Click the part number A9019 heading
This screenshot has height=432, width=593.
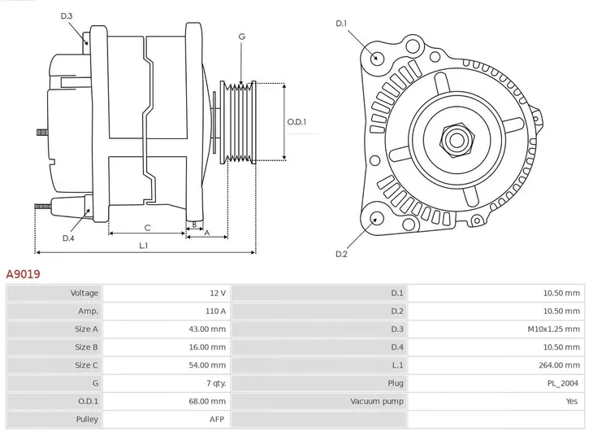24,275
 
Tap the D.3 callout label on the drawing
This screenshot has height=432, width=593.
67,16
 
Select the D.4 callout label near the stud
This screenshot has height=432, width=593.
68,238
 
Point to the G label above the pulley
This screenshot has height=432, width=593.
241,37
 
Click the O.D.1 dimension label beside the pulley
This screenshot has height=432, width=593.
296,122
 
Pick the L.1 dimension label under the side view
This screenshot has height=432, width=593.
143,245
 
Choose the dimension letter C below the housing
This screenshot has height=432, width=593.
147,228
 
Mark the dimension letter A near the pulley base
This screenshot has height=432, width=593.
207,233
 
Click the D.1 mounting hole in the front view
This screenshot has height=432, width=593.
376,58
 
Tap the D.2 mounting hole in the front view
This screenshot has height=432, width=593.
375,217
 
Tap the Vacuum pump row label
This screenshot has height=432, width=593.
377,401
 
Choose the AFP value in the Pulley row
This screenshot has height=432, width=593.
217,420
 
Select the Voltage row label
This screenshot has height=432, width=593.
84,293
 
